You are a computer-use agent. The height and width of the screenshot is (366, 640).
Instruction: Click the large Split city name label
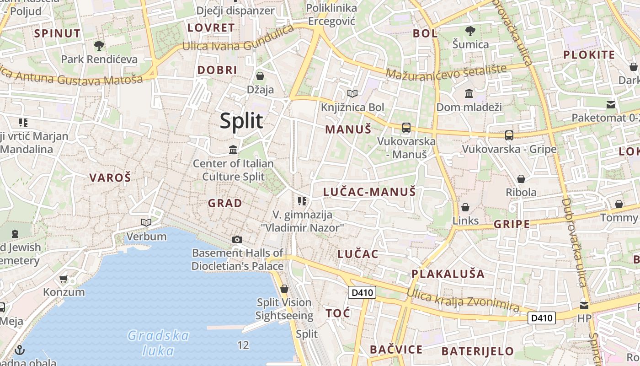[x=241, y=121]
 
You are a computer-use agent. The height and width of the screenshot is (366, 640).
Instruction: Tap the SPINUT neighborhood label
[x=57, y=33]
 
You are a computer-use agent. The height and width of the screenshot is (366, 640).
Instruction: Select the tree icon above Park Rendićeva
[x=99, y=46]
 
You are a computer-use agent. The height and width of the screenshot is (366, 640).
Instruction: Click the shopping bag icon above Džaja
[x=260, y=76]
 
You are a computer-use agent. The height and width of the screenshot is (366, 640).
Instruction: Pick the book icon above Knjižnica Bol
[x=352, y=94]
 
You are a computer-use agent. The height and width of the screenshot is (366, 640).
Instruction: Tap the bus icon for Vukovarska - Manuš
[x=406, y=128]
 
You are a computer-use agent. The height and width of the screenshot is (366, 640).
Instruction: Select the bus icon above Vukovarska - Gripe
[x=509, y=135]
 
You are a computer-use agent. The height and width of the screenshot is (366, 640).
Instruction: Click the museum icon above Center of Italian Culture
[x=233, y=150]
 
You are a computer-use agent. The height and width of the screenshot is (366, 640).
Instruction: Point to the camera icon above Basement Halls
[x=237, y=239]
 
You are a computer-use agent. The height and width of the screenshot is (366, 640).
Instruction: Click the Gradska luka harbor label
[x=158, y=343]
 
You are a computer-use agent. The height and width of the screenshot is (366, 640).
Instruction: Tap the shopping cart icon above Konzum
[x=64, y=279]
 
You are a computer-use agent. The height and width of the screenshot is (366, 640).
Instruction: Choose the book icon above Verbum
[x=146, y=223]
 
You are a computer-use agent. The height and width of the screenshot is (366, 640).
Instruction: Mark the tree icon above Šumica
[x=470, y=32]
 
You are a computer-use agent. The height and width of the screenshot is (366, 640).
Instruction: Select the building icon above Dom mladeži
[x=469, y=94]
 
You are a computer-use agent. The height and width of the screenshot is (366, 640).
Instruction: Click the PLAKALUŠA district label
[x=448, y=274]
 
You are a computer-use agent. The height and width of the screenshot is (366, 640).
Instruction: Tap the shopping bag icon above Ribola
[x=521, y=179]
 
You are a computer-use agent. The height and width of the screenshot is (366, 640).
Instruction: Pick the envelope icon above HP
[x=584, y=305]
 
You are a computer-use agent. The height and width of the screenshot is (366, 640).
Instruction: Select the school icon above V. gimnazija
[x=302, y=201]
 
